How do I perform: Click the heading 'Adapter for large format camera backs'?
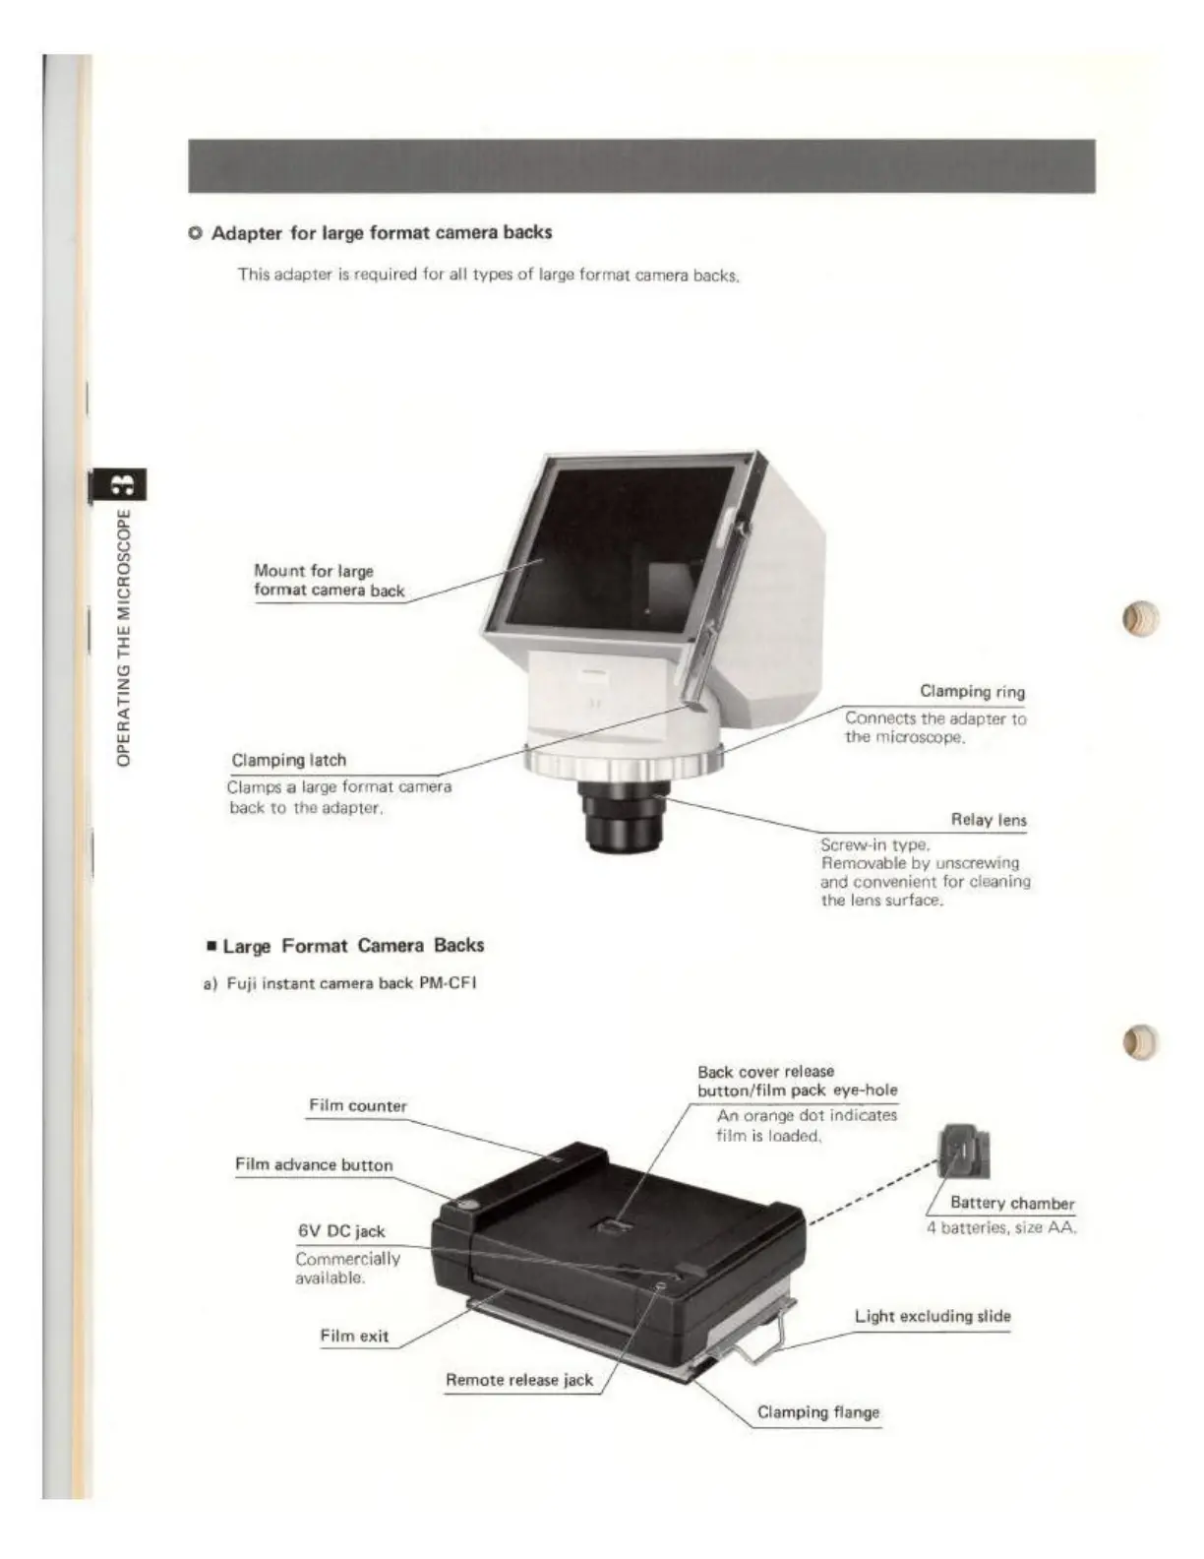[x=381, y=233]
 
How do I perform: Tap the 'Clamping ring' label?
[x=972, y=692]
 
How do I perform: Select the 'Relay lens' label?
[x=988, y=820]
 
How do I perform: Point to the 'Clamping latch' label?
[x=289, y=760]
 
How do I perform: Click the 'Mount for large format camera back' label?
[x=329, y=581]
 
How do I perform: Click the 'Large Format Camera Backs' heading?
[x=352, y=946]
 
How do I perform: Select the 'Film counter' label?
[x=357, y=1105]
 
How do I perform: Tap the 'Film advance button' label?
[x=314, y=1165]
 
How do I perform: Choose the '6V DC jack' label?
[x=341, y=1231]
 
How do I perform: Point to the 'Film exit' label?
[x=354, y=1336]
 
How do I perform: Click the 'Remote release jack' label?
[x=519, y=1380]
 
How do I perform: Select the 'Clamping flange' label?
[x=817, y=1412]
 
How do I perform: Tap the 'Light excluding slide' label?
[x=932, y=1316]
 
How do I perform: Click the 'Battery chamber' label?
[x=1011, y=1203]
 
